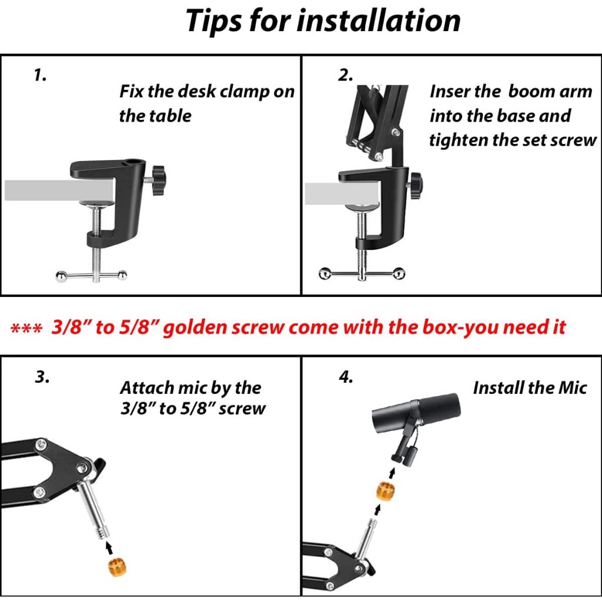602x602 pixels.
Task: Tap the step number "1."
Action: [x=40, y=75]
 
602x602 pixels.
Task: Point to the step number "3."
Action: [x=42, y=377]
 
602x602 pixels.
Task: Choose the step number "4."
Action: [x=346, y=377]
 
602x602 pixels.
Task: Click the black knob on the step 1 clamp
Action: [x=157, y=180]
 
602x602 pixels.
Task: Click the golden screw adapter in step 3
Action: [x=117, y=568]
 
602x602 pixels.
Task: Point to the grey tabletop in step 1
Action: [x=59, y=190]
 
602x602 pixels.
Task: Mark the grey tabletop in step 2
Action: [x=342, y=194]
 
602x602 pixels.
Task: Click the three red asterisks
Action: [x=26, y=329]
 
